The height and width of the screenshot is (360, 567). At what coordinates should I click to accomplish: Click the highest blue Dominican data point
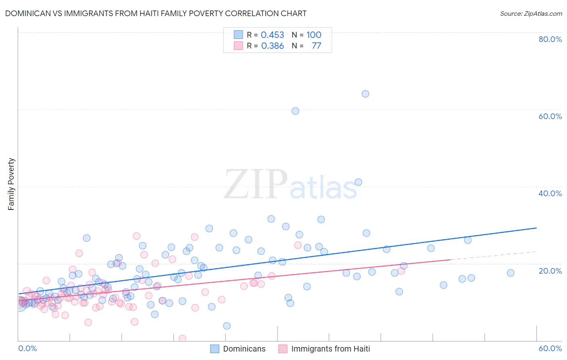tap(365, 94)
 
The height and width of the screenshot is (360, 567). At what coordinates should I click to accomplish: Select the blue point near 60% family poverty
tap(295, 111)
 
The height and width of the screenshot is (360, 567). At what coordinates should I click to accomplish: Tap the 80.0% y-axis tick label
tap(550, 39)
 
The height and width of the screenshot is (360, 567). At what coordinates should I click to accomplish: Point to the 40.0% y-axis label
tap(550, 193)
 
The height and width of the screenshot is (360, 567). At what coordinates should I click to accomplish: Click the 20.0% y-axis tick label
tap(550, 271)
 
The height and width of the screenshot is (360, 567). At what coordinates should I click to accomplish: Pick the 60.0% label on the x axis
tap(550, 348)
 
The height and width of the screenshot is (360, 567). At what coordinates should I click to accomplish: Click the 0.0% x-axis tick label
tap(27, 348)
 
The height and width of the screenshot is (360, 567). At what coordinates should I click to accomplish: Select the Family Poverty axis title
tap(11, 184)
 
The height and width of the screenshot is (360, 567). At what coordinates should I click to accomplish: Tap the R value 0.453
tap(272, 35)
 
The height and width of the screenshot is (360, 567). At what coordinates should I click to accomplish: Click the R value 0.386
tap(272, 46)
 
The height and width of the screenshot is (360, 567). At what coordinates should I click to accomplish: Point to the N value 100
tap(314, 35)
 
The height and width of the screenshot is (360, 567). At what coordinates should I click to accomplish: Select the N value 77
tap(317, 46)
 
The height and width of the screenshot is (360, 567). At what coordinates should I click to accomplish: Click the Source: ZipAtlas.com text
tap(531, 14)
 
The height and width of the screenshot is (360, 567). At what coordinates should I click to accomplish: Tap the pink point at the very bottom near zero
tap(182, 339)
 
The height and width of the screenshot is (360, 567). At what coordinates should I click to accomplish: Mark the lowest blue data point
tap(227, 326)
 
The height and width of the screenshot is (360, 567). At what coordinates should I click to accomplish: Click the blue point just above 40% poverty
tap(358, 182)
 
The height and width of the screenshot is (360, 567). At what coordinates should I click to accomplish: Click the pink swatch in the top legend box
tap(238, 46)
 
